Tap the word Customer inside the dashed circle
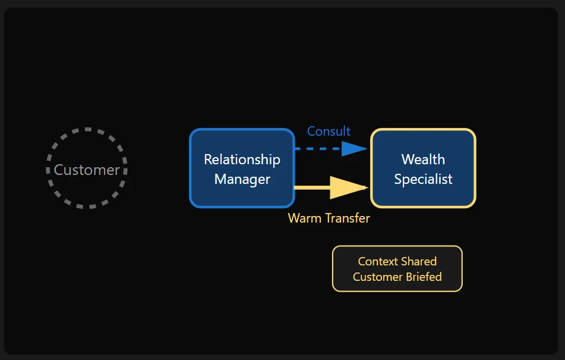[x=87, y=170]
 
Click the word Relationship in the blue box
[x=242, y=159]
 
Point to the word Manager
[x=242, y=179]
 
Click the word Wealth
[x=423, y=159]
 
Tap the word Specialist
[x=423, y=179]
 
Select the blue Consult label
[x=329, y=132]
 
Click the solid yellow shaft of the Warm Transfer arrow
[x=312, y=187]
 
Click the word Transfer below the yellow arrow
[x=346, y=218]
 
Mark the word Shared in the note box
[x=418, y=262]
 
